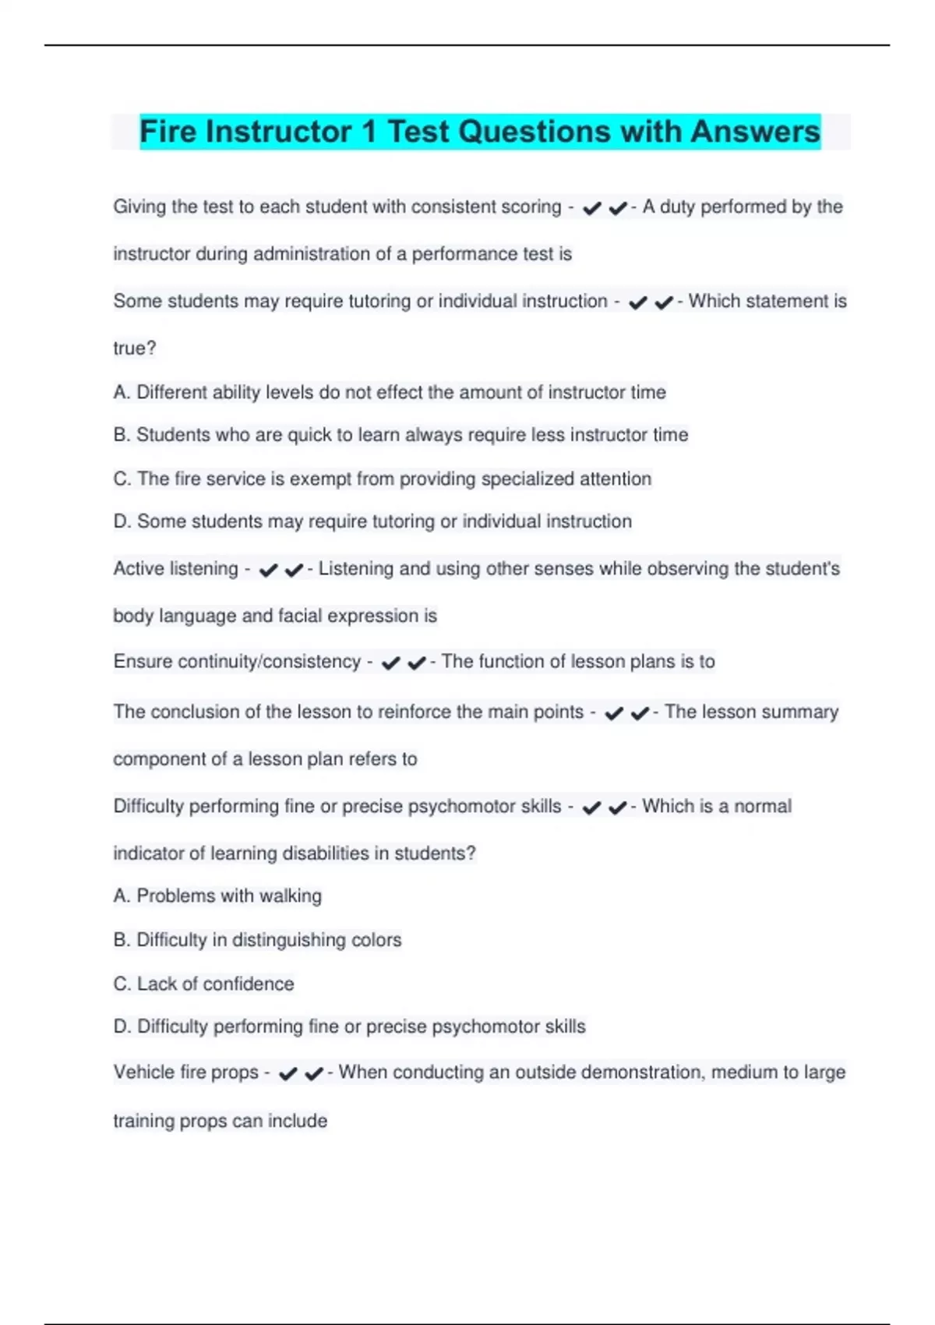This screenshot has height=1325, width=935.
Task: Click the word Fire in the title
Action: pyautogui.click(x=168, y=132)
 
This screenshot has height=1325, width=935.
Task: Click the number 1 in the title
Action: pyautogui.click(x=369, y=132)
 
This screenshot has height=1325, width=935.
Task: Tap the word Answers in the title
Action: pyautogui.click(x=755, y=132)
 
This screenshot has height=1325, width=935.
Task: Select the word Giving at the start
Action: pyautogui.click(x=139, y=207)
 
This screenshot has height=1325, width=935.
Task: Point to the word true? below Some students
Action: pyautogui.click(x=135, y=348)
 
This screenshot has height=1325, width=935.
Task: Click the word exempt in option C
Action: pyautogui.click(x=320, y=479)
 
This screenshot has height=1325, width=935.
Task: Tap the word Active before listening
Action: pyautogui.click(x=135, y=569)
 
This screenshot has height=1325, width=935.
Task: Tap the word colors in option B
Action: pyautogui.click(x=376, y=940)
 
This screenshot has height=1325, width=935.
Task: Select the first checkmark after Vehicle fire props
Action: pyautogui.click(x=288, y=1074)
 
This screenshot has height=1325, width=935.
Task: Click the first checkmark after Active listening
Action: pyautogui.click(x=268, y=571)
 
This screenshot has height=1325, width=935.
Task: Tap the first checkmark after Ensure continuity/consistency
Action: pyautogui.click(x=390, y=663)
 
